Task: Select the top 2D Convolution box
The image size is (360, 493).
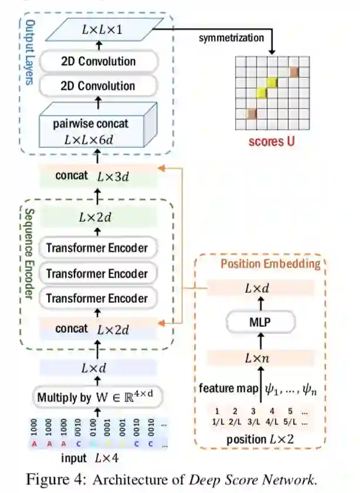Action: (98, 61)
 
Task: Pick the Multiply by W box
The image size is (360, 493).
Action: (97, 397)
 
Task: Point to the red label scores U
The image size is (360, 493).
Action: (271, 141)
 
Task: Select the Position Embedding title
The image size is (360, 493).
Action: (270, 264)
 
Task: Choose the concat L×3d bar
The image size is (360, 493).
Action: (98, 175)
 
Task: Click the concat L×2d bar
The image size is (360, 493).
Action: (97, 329)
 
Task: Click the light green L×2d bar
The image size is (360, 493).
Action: (97, 218)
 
